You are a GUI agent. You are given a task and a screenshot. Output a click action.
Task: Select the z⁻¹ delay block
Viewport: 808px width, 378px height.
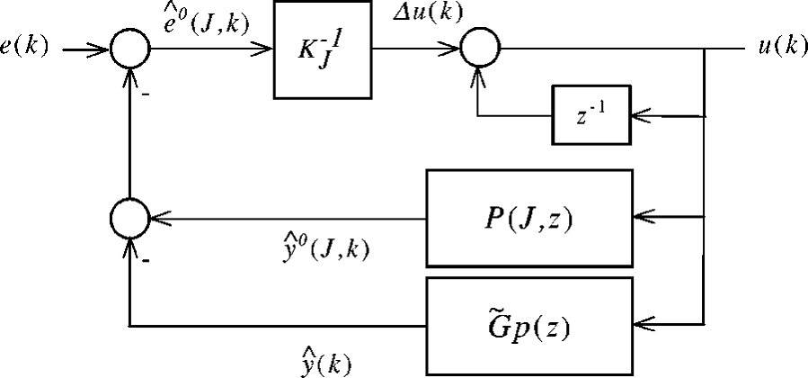[x=591, y=115]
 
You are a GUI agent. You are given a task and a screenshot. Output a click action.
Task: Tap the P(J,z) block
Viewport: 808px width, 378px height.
[x=531, y=217]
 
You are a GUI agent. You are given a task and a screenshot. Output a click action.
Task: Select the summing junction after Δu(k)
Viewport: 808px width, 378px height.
[x=480, y=49]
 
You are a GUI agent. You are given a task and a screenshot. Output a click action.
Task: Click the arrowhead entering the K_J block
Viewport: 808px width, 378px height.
[x=265, y=49]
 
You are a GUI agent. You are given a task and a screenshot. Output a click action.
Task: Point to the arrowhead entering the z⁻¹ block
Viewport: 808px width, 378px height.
[x=639, y=115]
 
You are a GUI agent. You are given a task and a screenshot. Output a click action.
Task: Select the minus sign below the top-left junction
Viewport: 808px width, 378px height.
[x=144, y=89]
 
